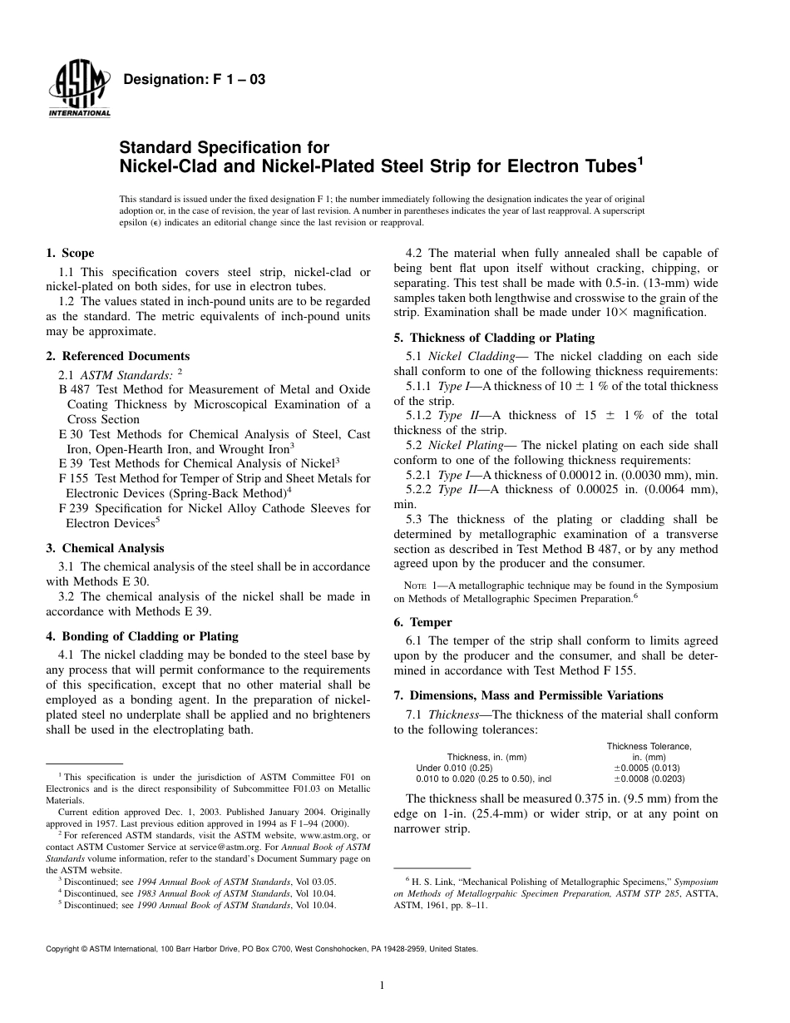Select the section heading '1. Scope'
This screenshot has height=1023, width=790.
tap(70, 253)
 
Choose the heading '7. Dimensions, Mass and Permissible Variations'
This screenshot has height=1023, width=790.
tap(528, 695)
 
